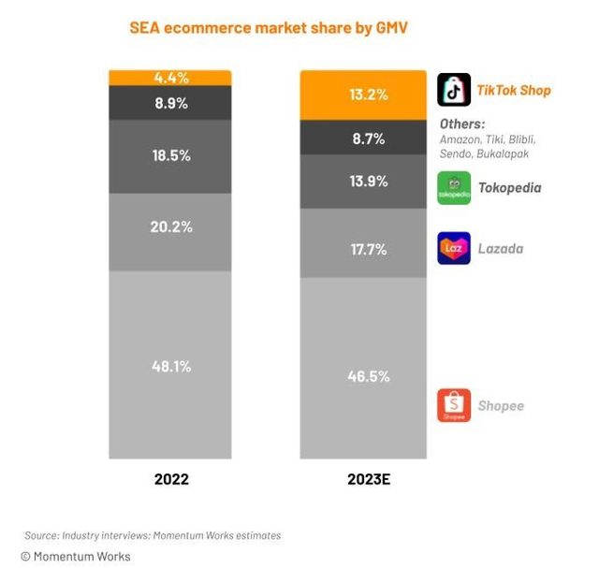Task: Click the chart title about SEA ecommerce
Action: tap(270, 28)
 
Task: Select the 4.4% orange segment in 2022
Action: tap(171, 78)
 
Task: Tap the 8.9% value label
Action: tap(171, 103)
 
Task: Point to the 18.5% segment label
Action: tap(171, 156)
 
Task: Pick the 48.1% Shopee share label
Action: tap(171, 366)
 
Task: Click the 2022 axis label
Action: tap(171, 479)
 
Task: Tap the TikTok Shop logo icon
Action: tap(454, 91)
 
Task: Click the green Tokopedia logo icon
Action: tap(454, 187)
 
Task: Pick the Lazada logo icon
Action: tap(454, 249)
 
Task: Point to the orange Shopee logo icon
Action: tap(454, 405)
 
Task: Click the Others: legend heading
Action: tap(462, 124)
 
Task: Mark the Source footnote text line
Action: tap(153, 535)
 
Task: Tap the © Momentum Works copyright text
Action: tap(76, 557)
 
